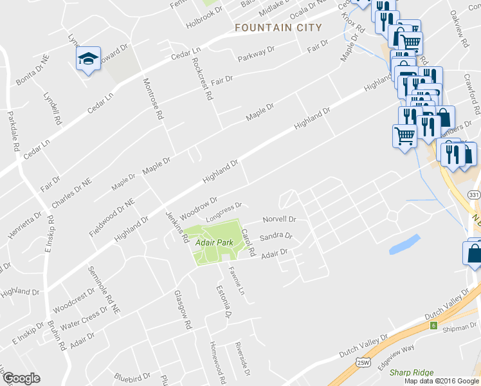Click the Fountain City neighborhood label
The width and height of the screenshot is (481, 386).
(278, 28)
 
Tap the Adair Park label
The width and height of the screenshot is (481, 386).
(213, 243)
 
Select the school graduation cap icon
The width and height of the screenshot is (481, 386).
(88, 60)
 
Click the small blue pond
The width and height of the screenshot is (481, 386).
(404, 244)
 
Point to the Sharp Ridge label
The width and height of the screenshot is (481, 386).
(412, 372)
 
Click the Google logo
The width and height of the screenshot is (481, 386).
(21, 378)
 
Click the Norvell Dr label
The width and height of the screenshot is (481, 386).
(278, 219)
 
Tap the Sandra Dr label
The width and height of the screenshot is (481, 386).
(280, 236)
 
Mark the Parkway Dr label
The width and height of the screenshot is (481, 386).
(256, 54)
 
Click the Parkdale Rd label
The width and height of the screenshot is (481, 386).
(12, 131)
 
